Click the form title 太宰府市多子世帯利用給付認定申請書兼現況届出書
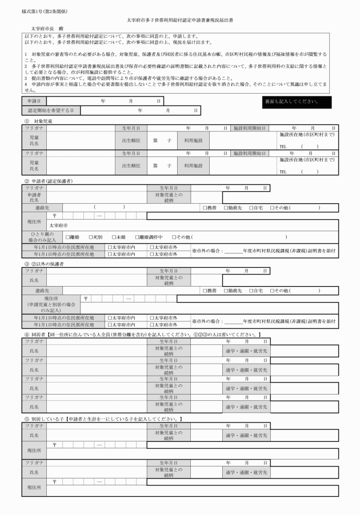coord(180,20)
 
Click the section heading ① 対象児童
coord(38,122)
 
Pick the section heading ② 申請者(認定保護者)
coord(49,181)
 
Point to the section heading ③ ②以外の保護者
coord(43,264)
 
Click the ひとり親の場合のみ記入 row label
coord(34,237)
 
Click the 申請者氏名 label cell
coord(34,197)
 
